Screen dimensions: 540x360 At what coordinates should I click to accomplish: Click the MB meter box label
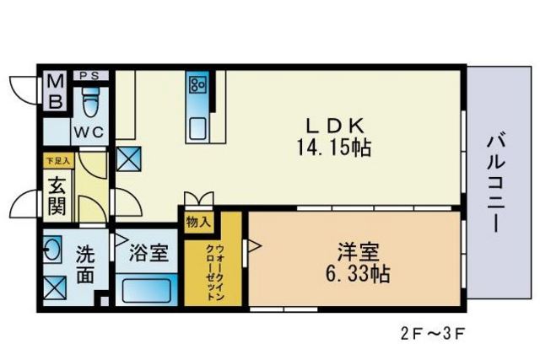point(56,92)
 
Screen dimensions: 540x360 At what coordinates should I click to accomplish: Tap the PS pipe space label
point(89,76)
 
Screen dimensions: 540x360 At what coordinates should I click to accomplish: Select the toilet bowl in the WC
point(91,102)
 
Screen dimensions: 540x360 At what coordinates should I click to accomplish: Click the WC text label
point(89,132)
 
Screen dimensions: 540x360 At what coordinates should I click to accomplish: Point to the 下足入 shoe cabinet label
point(58,161)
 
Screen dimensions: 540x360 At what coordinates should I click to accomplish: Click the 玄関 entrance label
point(57,196)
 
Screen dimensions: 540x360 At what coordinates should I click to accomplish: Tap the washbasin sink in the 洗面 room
point(52,249)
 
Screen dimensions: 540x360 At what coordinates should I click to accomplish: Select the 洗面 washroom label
point(85,264)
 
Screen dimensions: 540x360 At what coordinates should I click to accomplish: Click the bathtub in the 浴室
point(147,290)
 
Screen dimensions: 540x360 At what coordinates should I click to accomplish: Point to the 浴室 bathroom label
point(148,253)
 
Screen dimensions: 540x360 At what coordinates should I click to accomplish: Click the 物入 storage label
point(198,223)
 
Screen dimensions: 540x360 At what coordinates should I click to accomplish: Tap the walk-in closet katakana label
point(215,273)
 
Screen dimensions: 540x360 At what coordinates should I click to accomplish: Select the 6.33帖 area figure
point(358,274)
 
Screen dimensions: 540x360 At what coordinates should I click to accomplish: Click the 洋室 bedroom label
point(358,252)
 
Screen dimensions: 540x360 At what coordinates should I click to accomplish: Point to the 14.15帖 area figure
point(334,148)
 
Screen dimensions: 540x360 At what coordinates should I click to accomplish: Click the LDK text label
point(335,126)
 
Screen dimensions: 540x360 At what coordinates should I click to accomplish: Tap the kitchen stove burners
point(198,84)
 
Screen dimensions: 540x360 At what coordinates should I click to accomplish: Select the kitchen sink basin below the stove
point(198,129)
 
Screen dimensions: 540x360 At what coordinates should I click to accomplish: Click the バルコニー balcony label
point(496,184)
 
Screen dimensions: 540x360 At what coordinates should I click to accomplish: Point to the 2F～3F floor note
point(433,334)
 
